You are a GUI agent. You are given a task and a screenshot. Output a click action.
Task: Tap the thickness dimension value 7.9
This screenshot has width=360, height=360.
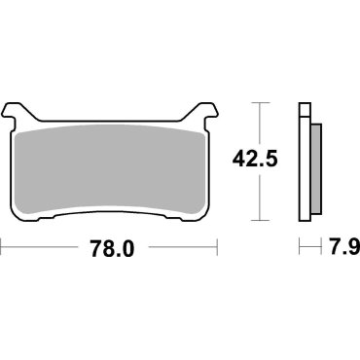pos(335,249)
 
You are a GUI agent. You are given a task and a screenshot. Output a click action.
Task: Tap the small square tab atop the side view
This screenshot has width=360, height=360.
pos(304,108)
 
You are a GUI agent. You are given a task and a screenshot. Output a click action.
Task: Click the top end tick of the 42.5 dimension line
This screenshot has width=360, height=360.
pos(260,101)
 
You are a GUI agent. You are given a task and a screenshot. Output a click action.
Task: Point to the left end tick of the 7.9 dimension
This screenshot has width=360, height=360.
pos(299,249)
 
